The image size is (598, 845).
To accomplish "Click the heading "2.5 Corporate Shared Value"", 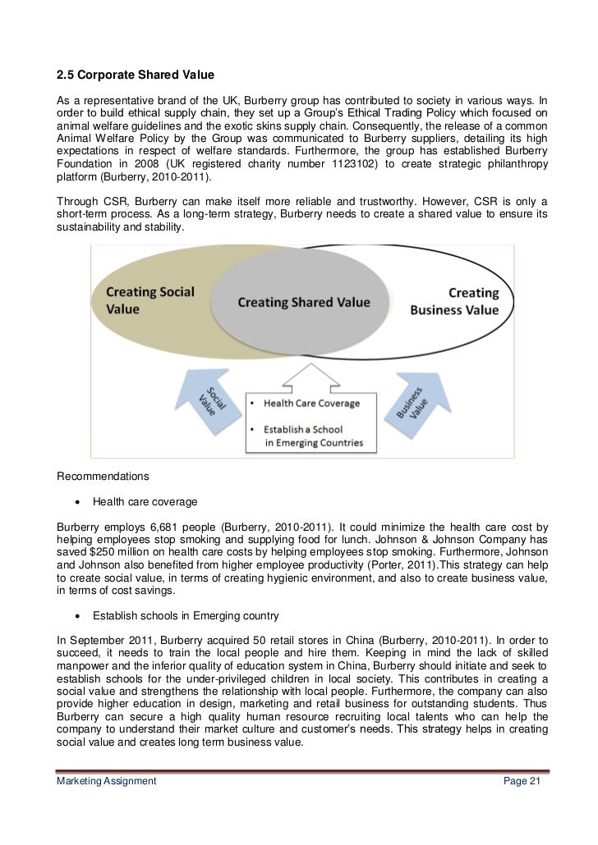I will click(x=135, y=76).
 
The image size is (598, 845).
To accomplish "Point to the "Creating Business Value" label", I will click(x=465, y=301).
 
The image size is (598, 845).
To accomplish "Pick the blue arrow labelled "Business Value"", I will click(x=416, y=400).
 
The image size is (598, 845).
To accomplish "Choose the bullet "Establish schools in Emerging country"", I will click(x=186, y=615).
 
